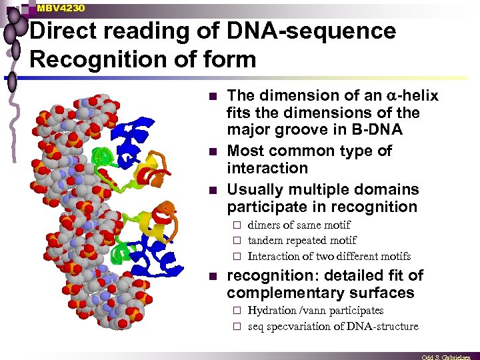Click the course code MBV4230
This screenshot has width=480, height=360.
61,7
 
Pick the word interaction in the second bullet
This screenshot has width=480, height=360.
267,167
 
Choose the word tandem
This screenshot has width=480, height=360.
265,241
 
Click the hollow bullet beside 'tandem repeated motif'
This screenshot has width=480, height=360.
238,241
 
